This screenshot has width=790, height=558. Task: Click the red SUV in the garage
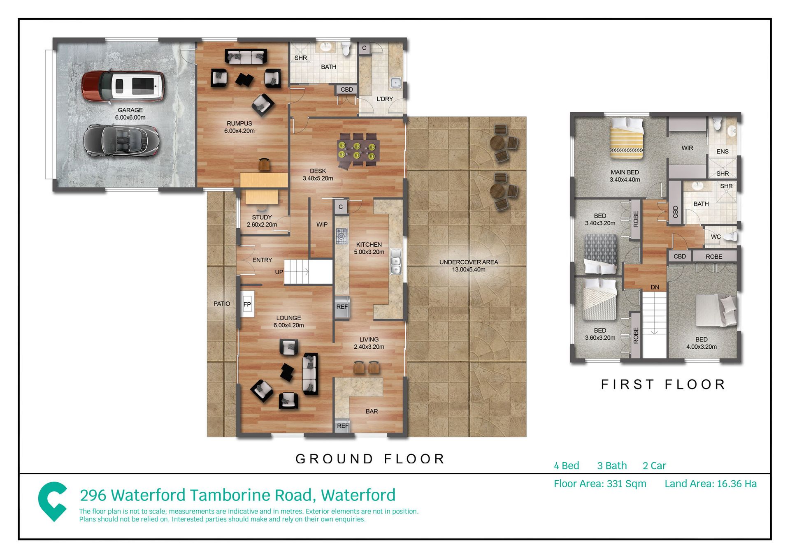[123, 86]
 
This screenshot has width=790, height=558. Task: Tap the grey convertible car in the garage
[121, 141]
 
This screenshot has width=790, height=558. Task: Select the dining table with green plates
[358, 150]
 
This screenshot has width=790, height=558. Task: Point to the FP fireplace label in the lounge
[247, 304]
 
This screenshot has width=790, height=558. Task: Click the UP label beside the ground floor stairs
[279, 272]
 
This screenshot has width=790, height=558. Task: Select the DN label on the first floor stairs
[655, 287]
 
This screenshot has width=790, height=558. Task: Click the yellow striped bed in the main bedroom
[626, 138]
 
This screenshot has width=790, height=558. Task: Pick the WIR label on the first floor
[687, 148]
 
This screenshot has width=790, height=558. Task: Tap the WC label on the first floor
[716, 237]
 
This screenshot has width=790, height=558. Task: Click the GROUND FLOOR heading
[370, 458]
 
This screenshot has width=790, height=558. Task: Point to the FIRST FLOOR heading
[663, 384]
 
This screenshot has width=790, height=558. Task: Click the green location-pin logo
[53, 501]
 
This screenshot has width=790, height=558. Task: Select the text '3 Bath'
[612, 465]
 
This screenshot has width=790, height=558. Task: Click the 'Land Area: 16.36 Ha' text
[711, 484]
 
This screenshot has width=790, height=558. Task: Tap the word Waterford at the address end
[358, 495]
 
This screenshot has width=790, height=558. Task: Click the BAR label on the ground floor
[372, 411]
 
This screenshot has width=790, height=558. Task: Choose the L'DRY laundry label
[385, 99]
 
